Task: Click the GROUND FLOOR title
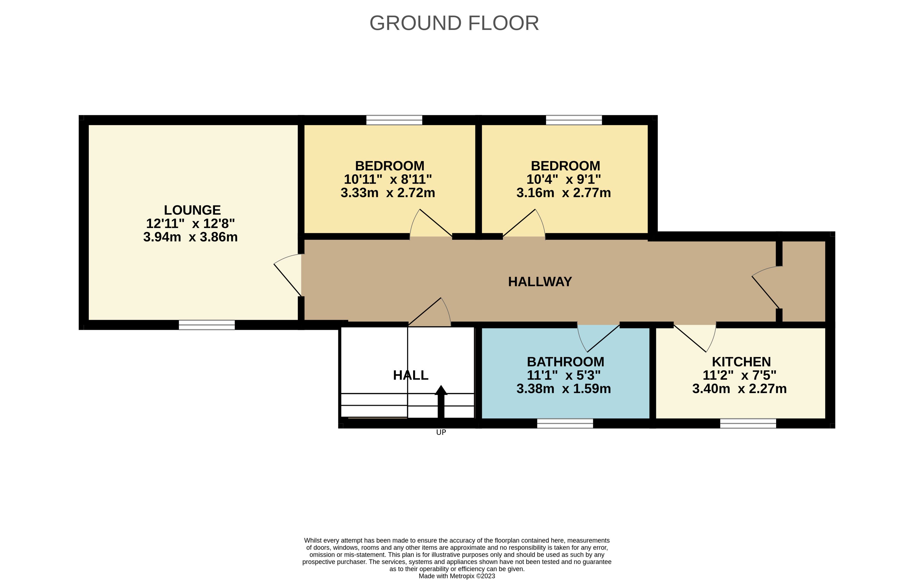pos(454,23)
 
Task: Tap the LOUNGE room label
pos(192,210)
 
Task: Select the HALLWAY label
pos(540,282)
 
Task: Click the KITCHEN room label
pos(741,362)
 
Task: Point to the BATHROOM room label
pos(566,362)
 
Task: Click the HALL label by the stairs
pos(411,375)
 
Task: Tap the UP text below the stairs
pos(441,432)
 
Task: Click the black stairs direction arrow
pos(441,402)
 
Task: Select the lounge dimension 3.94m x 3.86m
pos(190,237)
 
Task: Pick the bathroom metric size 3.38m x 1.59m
pos(564,388)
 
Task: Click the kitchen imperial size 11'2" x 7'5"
pos(739,375)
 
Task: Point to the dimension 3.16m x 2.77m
pos(564,193)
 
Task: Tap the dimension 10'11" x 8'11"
pos(388,179)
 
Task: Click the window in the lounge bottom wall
pos(207,325)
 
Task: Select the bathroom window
pos(565,423)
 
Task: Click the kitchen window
pos(748,423)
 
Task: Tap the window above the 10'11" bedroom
pos(394,120)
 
